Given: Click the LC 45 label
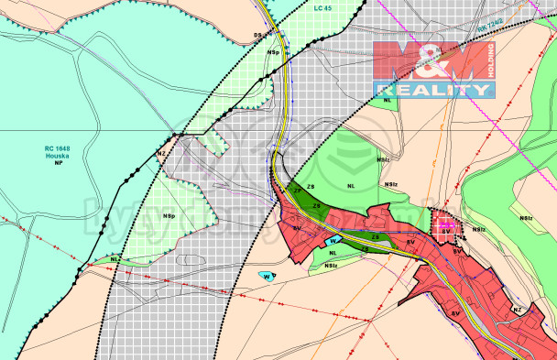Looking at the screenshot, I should [322, 8].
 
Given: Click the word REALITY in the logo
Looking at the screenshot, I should [432, 89].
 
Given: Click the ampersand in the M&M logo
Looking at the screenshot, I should [431, 60].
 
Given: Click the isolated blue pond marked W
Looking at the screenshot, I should [265, 276].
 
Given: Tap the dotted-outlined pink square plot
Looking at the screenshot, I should [445, 222].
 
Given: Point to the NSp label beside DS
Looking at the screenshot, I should [273, 53].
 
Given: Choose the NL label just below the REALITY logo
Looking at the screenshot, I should [389, 100].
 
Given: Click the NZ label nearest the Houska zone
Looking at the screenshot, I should [161, 154].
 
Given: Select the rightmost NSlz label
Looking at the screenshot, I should [526, 218].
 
